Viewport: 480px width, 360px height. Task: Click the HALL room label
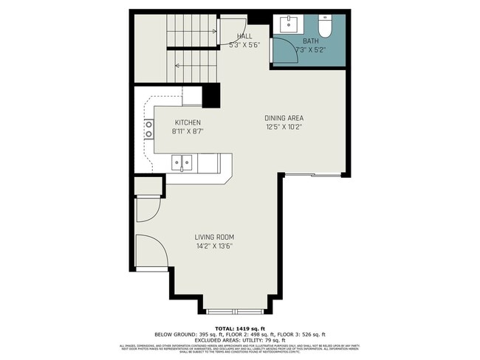(x=245, y=36)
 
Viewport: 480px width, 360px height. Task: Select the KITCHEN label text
(x=188, y=122)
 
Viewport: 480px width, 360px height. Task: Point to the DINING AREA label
(x=284, y=118)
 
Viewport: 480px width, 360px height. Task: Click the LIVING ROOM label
(x=215, y=237)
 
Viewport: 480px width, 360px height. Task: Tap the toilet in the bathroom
(x=325, y=24)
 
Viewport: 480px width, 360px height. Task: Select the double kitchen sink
(x=182, y=161)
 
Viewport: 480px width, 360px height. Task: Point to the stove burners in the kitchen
(x=148, y=130)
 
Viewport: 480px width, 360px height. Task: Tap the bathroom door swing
(x=283, y=52)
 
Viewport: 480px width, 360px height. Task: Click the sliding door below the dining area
(x=313, y=175)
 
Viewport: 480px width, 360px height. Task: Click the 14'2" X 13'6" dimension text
(x=215, y=246)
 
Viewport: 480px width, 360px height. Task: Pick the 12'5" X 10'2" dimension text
(x=284, y=127)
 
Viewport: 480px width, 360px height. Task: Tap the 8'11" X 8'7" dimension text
(x=188, y=131)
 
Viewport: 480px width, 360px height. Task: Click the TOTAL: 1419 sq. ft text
(x=239, y=328)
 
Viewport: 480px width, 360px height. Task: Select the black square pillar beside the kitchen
(x=211, y=96)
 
